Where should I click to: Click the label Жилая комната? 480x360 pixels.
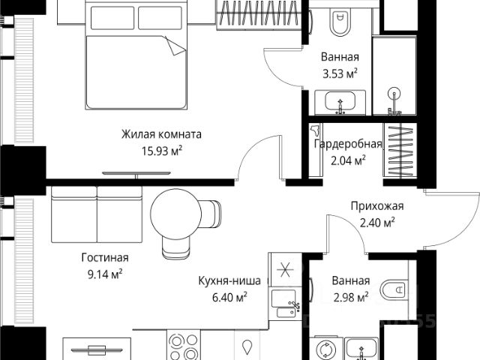point(161,134)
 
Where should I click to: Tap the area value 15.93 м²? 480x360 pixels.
point(162,151)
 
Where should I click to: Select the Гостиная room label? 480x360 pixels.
point(105,257)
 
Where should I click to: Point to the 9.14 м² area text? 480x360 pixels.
point(105,274)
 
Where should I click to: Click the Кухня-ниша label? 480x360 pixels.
point(229,280)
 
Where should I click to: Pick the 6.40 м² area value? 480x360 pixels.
point(230,297)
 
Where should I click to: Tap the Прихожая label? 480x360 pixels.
point(377,206)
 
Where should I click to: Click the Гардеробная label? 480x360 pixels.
point(348,144)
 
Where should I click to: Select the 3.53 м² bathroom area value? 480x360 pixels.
point(340,73)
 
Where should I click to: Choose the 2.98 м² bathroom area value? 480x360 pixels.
point(351,297)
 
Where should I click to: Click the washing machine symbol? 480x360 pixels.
point(326,348)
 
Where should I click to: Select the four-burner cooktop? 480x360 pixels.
point(184,346)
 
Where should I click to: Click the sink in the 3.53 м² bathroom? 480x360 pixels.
point(340,102)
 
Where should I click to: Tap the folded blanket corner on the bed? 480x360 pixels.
point(175,46)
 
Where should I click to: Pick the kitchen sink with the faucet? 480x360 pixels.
point(284,304)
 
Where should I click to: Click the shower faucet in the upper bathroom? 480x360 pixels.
point(394,102)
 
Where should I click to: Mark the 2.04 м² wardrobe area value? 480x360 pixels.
point(348,160)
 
